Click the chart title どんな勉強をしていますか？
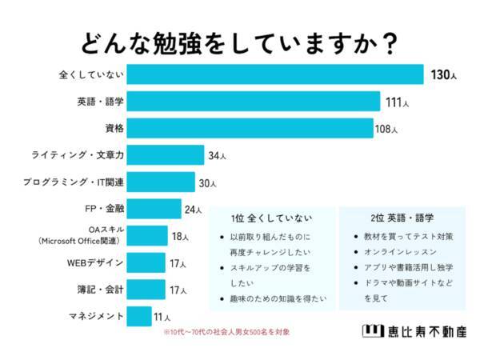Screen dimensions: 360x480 pos(239,42)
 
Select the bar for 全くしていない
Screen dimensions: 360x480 pos(274,74)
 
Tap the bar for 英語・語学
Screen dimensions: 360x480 pos(253,102)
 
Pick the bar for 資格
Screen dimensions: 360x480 pos(250,128)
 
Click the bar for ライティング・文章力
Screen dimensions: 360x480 pos(166,154)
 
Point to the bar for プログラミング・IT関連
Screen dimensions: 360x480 pos(161,182)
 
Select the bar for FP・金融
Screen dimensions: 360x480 pos(154,209)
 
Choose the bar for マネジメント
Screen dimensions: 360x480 pos(138,316)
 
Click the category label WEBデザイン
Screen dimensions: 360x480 pos(94,262)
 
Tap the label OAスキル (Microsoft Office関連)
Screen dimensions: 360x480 pos(80,235)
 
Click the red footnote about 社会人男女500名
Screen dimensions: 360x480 pos(227,333)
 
